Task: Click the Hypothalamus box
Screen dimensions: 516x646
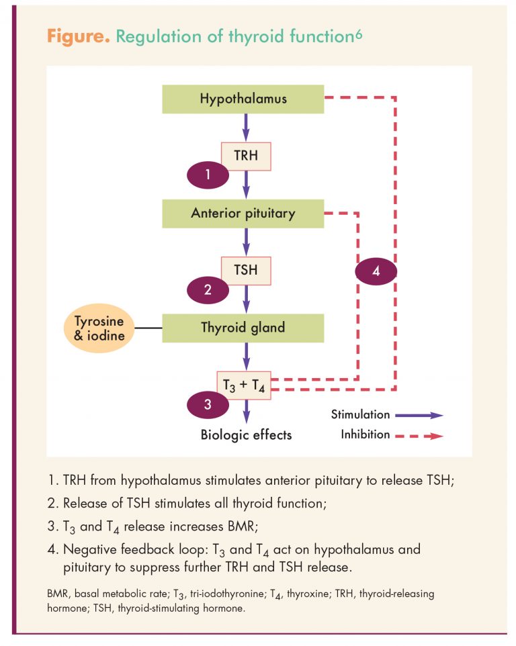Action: point(243,99)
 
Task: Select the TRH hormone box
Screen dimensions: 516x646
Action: point(246,156)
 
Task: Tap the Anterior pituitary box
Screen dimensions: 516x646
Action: point(243,214)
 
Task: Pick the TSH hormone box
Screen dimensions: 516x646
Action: point(246,271)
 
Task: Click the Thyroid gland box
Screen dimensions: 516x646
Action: point(243,328)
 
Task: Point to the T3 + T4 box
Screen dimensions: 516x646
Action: point(244,385)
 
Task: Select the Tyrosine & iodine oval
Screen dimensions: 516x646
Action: point(99,328)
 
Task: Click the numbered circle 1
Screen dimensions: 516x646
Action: point(208,175)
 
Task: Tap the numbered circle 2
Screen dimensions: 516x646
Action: point(208,289)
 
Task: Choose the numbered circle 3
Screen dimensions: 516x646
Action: point(208,404)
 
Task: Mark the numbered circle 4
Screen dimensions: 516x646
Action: point(376,271)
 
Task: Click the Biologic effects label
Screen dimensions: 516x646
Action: point(246,435)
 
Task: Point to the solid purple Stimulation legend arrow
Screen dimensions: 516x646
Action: point(419,415)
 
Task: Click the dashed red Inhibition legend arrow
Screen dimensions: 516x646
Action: point(419,436)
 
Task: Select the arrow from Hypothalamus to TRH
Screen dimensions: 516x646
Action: point(246,128)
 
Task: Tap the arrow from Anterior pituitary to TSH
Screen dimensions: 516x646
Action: point(246,242)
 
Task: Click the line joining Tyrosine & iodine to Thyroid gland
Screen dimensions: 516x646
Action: point(148,328)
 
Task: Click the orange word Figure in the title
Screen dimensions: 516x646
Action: point(79,37)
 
